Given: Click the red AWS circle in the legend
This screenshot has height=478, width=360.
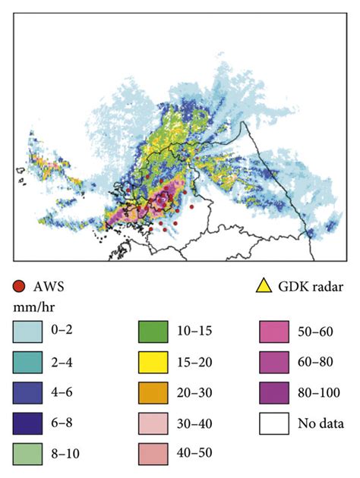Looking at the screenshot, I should pos(19,286).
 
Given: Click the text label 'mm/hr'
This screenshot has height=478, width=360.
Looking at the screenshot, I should pos(31,309).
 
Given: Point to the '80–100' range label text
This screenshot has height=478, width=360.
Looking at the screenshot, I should pos(321,393).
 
